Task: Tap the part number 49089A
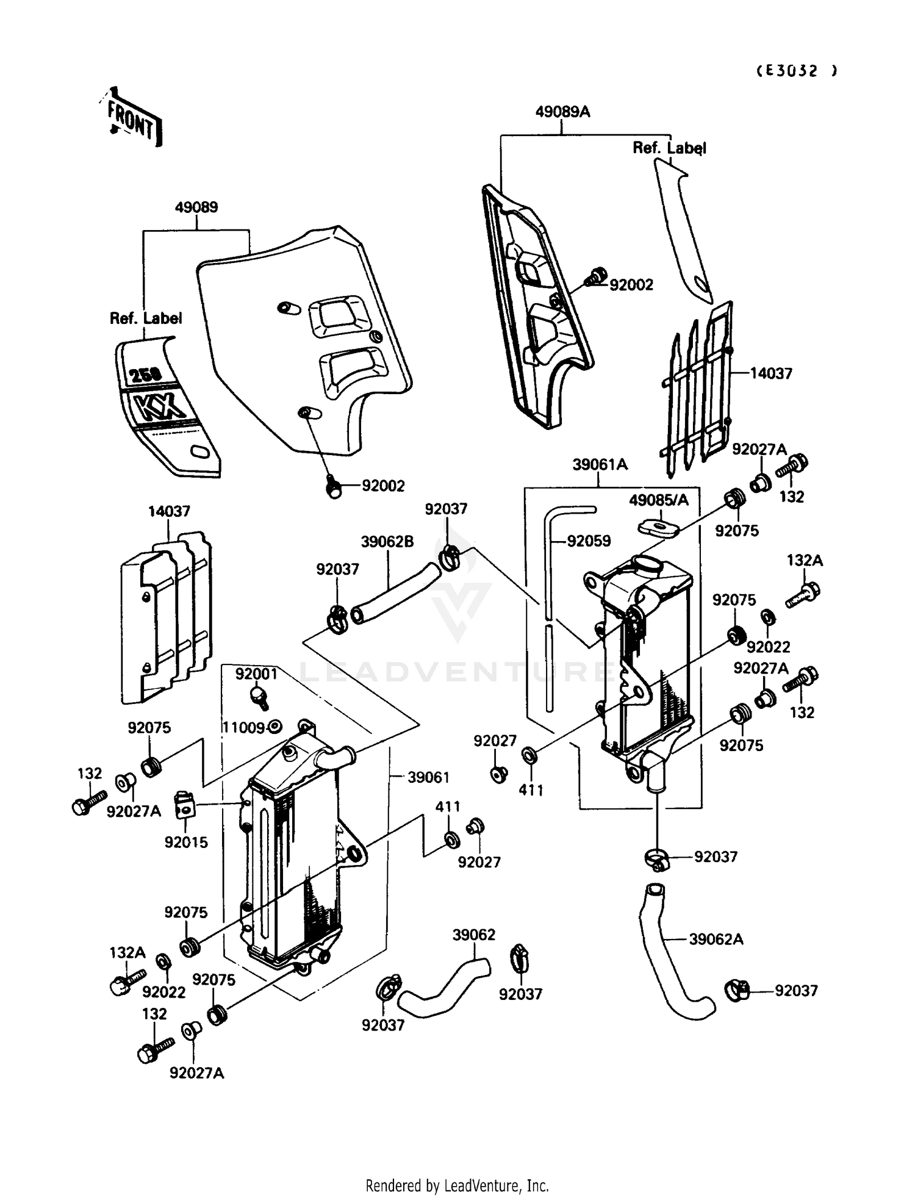click(562, 112)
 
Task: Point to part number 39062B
click(387, 541)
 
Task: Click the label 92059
click(589, 541)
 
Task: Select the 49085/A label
click(659, 500)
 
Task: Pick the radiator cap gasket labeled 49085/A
click(658, 528)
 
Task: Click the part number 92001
click(256, 674)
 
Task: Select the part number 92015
click(186, 842)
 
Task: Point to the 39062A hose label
click(716, 940)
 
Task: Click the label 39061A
click(600, 464)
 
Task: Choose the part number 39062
click(474, 935)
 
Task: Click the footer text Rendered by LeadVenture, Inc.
click(457, 1185)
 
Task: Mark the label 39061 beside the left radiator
click(428, 777)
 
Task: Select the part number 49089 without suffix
click(196, 207)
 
